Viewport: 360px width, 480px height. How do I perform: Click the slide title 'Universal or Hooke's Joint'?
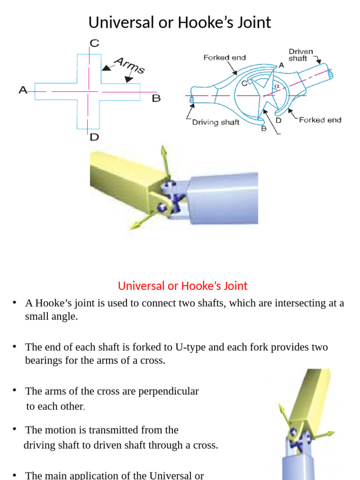tap(180, 22)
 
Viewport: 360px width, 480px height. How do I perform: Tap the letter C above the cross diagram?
tap(94, 44)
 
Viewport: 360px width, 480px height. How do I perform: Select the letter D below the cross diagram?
tap(94, 137)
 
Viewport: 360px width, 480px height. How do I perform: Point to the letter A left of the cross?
tap(22, 90)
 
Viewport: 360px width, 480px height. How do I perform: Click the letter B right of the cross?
tap(156, 98)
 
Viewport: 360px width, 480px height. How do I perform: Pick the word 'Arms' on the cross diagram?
tap(129, 65)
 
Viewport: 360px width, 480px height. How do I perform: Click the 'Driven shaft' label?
tap(300, 54)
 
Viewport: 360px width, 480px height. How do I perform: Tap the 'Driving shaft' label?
tap(216, 122)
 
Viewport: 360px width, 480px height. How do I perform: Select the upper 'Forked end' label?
tap(225, 58)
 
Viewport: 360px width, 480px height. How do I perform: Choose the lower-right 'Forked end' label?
tap(320, 120)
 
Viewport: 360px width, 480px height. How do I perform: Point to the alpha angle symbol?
tap(277, 86)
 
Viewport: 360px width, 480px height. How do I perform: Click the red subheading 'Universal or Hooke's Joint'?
tap(182, 285)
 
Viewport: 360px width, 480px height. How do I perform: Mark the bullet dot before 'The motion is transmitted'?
tap(15, 429)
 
